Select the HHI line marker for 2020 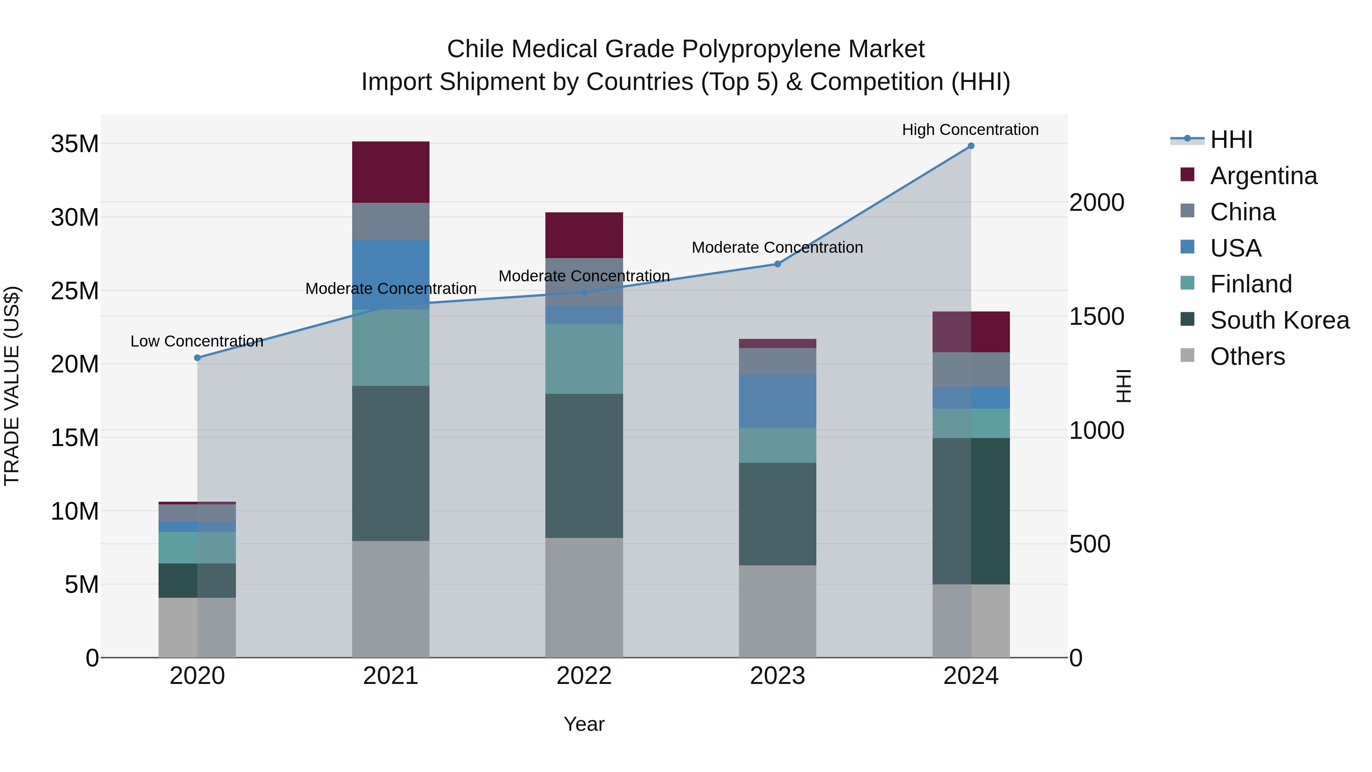197,358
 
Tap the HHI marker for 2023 777,264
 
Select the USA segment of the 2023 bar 777,401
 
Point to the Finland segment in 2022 584,359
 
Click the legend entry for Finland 1250,284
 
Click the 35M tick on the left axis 75,144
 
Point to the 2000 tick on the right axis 1096,202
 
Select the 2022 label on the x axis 584,676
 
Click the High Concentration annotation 970,130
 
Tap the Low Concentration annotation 197,341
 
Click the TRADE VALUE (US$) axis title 12,386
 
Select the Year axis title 584,724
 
